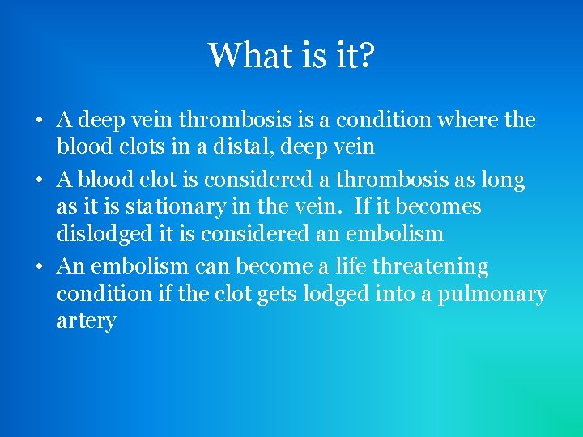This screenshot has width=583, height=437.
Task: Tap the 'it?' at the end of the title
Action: (355, 55)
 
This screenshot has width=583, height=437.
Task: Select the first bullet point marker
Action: (39, 121)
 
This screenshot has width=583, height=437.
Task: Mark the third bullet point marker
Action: (39, 267)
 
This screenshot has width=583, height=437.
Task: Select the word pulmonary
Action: (492, 295)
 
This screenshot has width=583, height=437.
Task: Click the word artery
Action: (86, 322)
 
